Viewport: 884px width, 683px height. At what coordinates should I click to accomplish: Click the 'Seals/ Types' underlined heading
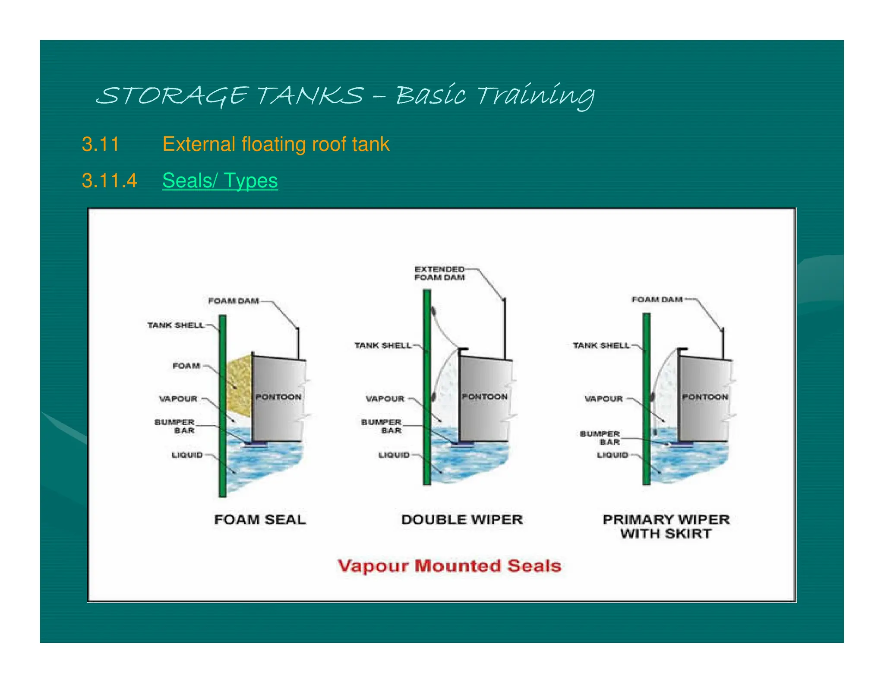(x=220, y=180)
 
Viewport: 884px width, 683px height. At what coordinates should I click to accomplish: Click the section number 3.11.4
(x=109, y=180)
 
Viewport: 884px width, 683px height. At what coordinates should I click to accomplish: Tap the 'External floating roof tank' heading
(x=276, y=144)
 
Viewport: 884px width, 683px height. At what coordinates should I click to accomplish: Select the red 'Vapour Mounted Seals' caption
(x=449, y=566)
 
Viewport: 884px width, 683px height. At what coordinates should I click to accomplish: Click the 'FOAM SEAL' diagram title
(x=260, y=519)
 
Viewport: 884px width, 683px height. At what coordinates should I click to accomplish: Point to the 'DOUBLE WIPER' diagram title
(x=462, y=519)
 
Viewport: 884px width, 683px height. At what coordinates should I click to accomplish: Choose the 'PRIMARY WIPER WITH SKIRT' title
(x=666, y=526)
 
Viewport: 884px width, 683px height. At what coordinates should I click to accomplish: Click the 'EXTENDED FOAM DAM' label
(x=439, y=273)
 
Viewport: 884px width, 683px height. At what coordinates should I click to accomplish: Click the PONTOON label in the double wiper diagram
(x=484, y=397)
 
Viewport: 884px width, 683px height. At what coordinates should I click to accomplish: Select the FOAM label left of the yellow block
(x=186, y=366)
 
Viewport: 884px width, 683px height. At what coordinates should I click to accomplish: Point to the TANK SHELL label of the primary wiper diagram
(x=601, y=345)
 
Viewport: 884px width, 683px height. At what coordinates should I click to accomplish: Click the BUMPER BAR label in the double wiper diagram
(x=382, y=426)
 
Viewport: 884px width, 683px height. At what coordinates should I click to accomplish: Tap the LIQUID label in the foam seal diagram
(x=187, y=455)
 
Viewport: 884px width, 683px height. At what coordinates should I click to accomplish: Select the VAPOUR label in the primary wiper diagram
(x=603, y=399)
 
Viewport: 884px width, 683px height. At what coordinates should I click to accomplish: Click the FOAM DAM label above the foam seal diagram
(x=234, y=301)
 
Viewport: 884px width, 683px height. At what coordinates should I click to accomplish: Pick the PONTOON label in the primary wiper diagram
(x=705, y=397)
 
